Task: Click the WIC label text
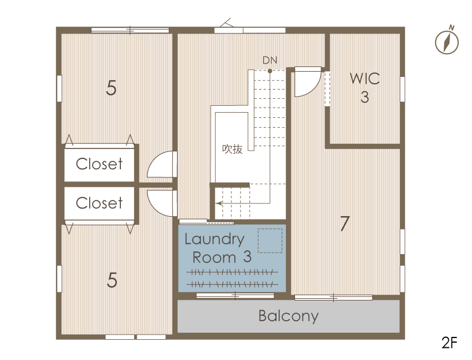pyautogui.click(x=364, y=79)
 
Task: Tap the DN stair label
pyautogui.click(x=270, y=61)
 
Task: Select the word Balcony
pyautogui.click(x=289, y=316)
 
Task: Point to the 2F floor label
pyautogui.click(x=449, y=342)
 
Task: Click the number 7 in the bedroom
pyautogui.click(x=344, y=224)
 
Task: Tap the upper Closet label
pyautogui.click(x=99, y=164)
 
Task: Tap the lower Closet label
pyautogui.click(x=99, y=203)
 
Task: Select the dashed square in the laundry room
pyautogui.click(x=270, y=240)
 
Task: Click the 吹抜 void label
pyautogui.click(x=233, y=149)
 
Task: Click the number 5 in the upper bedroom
pyautogui.click(x=111, y=88)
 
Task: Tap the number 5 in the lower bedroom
pyautogui.click(x=112, y=280)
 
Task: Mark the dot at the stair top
pyautogui.click(x=270, y=71)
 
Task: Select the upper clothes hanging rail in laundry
pyautogui.click(x=232, y=273)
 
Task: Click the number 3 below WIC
pyautogui.click(x=364, y=97)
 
